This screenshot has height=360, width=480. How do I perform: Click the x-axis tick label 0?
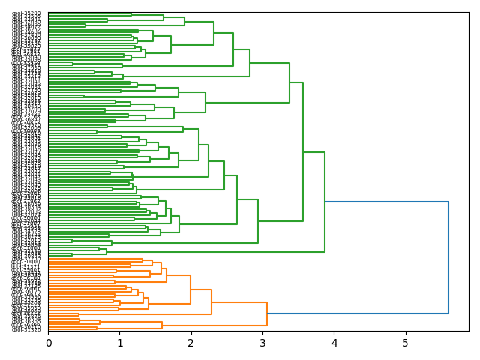[x=49, y=343]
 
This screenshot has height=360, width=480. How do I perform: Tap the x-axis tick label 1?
[x=120, y=343]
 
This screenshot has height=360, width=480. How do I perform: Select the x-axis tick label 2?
[x=191, y=343]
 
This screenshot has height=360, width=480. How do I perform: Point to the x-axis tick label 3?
[x=262, y=343]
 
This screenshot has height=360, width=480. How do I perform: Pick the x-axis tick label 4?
[x=334, y=343]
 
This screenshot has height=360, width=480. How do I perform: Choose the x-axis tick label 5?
[x=406, y=343]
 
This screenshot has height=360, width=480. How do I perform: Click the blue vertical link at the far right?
[x=448, y=257]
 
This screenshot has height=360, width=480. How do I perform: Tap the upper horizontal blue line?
[x=386, y=202]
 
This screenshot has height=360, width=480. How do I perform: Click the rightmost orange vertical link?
[x=267, y=313]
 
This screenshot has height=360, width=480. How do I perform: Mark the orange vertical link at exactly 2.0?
[x=190, y=289]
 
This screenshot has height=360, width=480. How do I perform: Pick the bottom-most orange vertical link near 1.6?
[x=162, y=325]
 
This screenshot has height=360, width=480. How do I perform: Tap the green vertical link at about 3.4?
[x=289, y=82]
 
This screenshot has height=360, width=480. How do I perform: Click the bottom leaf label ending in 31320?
[x=26, y=329]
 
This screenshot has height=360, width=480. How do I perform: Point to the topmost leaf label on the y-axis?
[x=26, y=13]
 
